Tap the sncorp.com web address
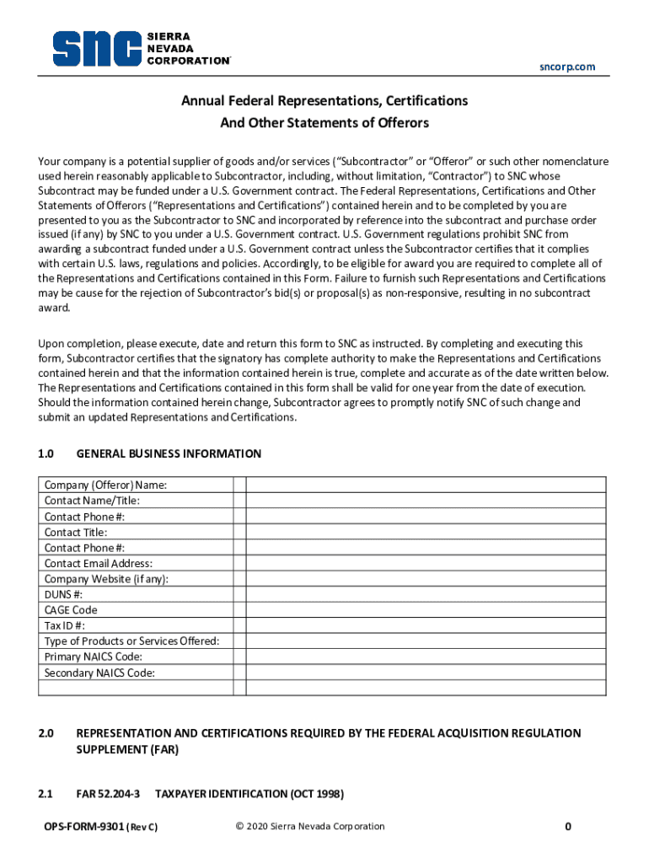tap(567, 67)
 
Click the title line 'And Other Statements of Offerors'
tap(324, 123)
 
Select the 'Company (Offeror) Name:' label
tap(105, 485)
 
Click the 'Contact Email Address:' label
tap(99, 563)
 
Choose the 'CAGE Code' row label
tap(71, 609)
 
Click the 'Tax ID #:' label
tap(65, 625)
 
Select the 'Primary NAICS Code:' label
tap(93, 657)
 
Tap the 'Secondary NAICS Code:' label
tap(99, 673)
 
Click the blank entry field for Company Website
tap(426, 579)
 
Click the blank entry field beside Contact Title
tap(426, 532)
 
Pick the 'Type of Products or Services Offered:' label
tap(131, 641)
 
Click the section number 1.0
tap(46, 453)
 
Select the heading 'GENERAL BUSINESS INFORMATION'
tap(169, 453)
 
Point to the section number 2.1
tap(46, 794)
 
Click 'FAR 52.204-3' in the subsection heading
tap(109, 794)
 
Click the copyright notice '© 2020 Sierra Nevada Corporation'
tap(310, 827)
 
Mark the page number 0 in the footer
tap(568, 827)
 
